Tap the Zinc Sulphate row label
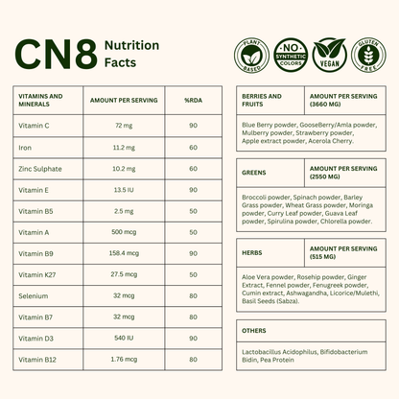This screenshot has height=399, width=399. [40, 169]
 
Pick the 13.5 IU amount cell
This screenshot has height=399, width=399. [123, 190]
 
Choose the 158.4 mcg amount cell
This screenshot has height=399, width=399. [123, 253]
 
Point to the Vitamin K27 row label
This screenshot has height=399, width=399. [36, 274]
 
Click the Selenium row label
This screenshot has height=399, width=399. [32, 295]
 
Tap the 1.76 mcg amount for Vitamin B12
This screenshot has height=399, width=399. [123, 359]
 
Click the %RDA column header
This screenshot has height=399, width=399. [193, 100]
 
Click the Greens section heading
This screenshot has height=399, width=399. [255, 172]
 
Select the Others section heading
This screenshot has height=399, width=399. [255, 331]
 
